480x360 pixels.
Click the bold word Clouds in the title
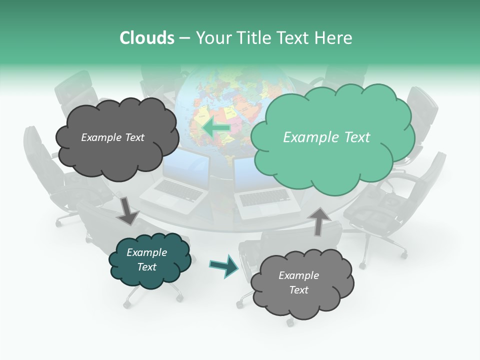click(x=147, y=38)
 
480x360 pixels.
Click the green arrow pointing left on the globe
click(x=216, y=128)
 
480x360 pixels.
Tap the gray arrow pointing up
click(x=319, y=220)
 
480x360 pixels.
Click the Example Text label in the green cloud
click(x=326, y=137)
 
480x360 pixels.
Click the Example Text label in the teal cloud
click(x=147, y=259)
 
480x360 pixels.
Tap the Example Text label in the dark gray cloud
click(x=113, y=137)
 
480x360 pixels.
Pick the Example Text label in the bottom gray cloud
click(x=298, y=282)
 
